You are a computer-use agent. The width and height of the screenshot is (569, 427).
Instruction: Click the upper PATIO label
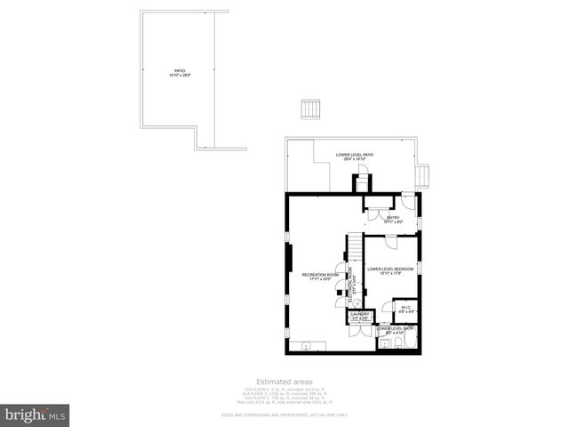coord(180,73)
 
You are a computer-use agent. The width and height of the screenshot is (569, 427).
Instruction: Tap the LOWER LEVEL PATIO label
coord(355,157)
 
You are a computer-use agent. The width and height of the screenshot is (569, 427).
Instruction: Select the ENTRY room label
coord(392,219)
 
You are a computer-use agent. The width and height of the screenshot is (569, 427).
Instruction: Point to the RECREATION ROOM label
coord(321,277)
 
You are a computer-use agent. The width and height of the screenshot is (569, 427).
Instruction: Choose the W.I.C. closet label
coord(406,310)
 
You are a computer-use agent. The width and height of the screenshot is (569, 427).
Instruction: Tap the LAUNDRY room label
coord(359,316)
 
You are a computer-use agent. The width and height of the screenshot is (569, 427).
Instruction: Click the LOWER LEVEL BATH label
coord(396,329)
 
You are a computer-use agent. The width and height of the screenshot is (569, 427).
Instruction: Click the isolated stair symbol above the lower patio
coord(309,109)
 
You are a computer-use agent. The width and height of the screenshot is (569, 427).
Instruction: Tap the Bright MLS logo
coord(36,415)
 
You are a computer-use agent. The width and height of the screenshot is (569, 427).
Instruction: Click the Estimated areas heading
coord(284,381)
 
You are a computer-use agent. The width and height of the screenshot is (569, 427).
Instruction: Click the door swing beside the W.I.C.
coord(388,305)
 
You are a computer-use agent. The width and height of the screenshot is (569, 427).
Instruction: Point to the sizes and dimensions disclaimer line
coord(284,415)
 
